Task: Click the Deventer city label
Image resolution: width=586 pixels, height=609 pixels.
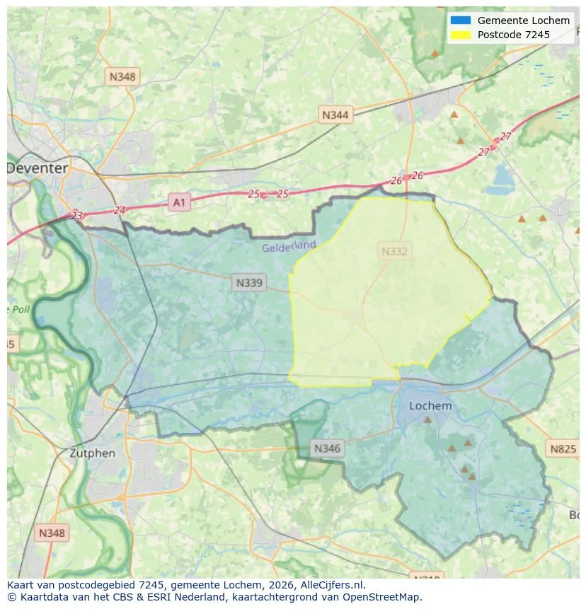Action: coord(38,168)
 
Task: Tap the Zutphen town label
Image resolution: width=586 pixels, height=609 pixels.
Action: coord(92,453)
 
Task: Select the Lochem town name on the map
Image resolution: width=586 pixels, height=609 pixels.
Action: coord(430,406)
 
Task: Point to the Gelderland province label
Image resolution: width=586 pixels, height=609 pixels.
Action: coord(289,246)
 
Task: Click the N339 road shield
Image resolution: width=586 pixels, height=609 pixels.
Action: coord(248,283)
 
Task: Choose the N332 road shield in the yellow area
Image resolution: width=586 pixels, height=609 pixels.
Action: coord(395,251)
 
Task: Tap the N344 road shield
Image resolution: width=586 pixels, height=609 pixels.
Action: coord(335,115)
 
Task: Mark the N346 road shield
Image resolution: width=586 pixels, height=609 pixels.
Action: coord(327,448)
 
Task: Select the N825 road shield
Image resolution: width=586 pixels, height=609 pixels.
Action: coord(563,448)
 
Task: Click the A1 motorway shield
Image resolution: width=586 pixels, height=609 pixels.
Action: coord(179,203)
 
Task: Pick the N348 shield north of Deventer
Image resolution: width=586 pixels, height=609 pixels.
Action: coord(122,76)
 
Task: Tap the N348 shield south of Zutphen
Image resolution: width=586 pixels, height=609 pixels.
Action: coord(52,533)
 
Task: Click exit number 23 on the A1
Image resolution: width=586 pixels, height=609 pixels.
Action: coord(77,216)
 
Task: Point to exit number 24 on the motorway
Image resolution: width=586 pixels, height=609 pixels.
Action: coord(119,210)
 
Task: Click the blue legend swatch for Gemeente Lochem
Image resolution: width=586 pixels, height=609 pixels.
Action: coord(461,21)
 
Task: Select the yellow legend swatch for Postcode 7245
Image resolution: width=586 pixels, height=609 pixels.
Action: coord(461,35)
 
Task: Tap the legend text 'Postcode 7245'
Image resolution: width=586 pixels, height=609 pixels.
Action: coord(513,35)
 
